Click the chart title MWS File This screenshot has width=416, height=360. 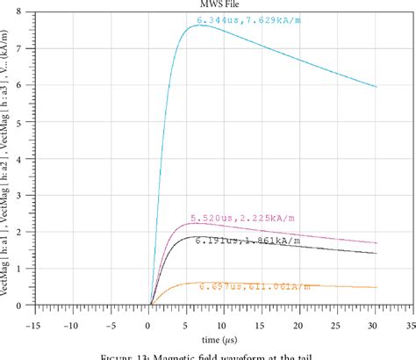[x=216, y=4]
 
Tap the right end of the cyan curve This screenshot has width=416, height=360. [x=376, y=87]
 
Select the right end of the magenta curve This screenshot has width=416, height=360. [x=376, y=243]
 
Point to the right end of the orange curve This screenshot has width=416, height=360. [x=376, y=287]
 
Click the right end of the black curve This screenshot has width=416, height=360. [x=376, y=253]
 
